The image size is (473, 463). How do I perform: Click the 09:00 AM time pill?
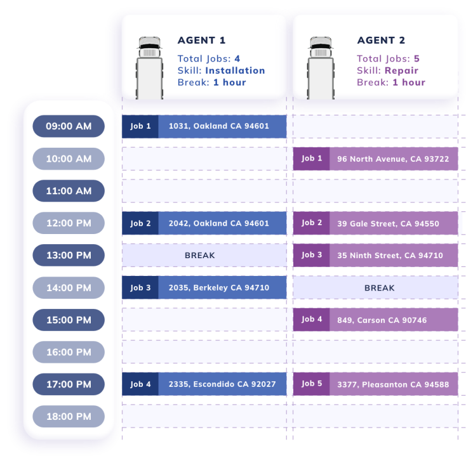pyautogui.click(x=69, y=126)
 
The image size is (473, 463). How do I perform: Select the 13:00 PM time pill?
pyautogui.click(x=69, y=256)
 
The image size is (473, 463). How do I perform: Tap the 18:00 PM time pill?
pyautogui.click(x=69, y=417)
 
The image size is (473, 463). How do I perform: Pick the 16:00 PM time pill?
pyautogui.click(x=69, y=352)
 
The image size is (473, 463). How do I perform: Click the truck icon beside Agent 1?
pyautogui.click(x=149, y=67)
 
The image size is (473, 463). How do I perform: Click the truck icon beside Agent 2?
pyautogui.click(x=321, y=67)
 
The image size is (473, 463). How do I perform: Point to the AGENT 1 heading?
pyautogui.click(x=201, y=41)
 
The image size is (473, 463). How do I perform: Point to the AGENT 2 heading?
pyautogui.click(x=381, y=41)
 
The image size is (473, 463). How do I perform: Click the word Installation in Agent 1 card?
pyautogui.click(x=235, y=70)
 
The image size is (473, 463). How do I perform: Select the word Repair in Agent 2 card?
pyautogui.click(x=401, y=70)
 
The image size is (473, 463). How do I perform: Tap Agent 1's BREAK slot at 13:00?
pyautogui.click(x=199, y=256)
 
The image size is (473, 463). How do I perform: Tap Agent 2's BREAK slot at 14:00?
pyautogui.click(x=379, y=288)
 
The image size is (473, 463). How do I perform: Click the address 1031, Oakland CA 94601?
pyautogui.click(x=218, y=126)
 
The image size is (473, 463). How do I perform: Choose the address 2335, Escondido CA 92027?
pyautogui.click(x=222, y=384)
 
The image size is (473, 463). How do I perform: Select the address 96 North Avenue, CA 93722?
pyautogui.click(x=393, y=159)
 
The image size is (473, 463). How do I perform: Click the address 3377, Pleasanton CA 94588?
pyautogui.click(x=393, y=384)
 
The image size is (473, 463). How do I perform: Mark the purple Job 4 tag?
pyautogui.click(x=311, y=320)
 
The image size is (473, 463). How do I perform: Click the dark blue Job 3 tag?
pyautogui.click(x=140, y=288)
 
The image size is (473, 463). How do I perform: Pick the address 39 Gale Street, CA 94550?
pyautogui.click(x=388, y=223)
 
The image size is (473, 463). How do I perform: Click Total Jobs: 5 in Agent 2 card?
pyautogui.click(x=388, y=59)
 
